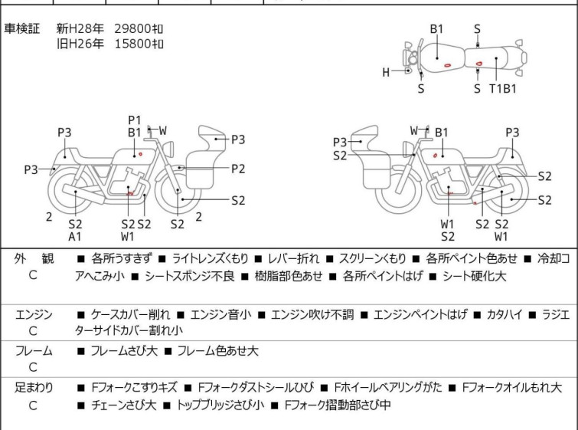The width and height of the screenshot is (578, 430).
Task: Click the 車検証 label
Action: click(21, 28)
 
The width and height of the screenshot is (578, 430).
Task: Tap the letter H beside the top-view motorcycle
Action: click(386, 72)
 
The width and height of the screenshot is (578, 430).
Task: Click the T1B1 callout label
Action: click(503, 89)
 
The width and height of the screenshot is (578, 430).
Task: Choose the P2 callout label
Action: click(238, 169)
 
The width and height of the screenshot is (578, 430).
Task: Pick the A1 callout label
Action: click(75, 236)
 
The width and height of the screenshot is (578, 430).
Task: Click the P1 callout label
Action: click(135, 120)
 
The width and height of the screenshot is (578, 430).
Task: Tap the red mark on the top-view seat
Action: click(478, 64)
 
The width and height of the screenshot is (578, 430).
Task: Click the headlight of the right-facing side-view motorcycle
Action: click(168, 149)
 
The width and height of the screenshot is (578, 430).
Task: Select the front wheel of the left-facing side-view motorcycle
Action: click(398, 191)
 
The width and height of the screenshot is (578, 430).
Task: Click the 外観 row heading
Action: click(34, 258)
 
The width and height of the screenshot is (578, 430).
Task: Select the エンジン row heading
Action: click(34, 314)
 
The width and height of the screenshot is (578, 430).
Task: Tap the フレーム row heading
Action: click(34, 350)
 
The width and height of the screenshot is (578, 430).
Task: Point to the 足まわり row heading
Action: click(34, 388)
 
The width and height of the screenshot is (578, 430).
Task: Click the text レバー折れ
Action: click(293, 258)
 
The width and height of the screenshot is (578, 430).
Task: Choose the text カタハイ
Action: click(505, 314)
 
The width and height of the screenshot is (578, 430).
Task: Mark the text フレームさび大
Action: click(124, 350)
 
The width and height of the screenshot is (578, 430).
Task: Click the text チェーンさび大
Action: click(124, 405)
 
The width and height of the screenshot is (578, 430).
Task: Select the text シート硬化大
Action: click(474, 276)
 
